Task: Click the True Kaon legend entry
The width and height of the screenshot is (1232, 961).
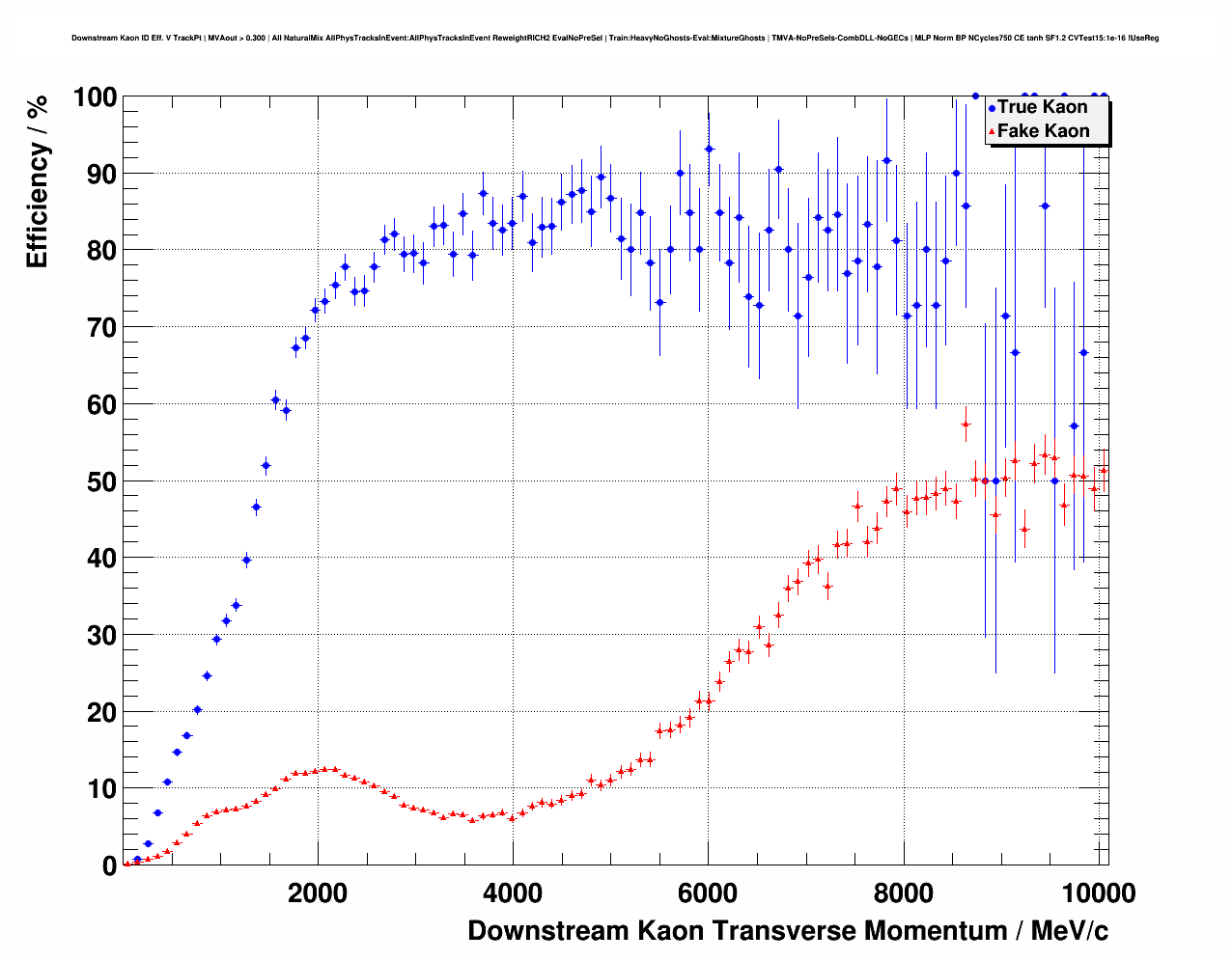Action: click(1042, 107)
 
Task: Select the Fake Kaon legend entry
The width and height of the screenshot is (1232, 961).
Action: click(1043, 131)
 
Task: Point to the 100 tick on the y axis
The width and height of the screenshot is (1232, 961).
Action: click(95, 97)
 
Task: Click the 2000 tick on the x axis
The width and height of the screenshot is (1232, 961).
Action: click(318, 893)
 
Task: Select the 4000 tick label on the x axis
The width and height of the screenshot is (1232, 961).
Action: click(513, 893)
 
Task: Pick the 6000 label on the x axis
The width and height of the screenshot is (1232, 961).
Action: click(708, 893)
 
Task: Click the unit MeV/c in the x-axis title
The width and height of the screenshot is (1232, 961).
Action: click(1070, 931)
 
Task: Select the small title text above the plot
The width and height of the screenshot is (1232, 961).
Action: click(615, 39)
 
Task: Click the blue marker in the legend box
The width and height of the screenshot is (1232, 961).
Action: click(992, 108)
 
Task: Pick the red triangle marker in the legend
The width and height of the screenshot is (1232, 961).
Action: click(992, 132)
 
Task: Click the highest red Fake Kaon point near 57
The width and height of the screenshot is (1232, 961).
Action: click(966, 425)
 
